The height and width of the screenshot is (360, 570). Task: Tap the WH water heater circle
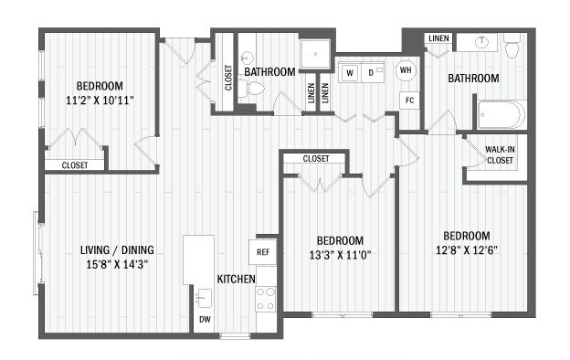(x=406, y=70)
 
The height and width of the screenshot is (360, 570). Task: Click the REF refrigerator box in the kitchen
(x=263, y=251)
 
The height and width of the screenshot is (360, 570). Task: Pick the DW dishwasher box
(x=205, y=319)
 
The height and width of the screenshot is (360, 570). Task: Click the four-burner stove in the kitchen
(x=265, y=298)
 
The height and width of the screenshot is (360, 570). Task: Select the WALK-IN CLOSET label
(x=499, y=154)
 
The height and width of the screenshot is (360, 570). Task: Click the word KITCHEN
(x=236, y=278)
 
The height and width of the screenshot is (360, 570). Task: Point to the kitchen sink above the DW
(x=204, y=297)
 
